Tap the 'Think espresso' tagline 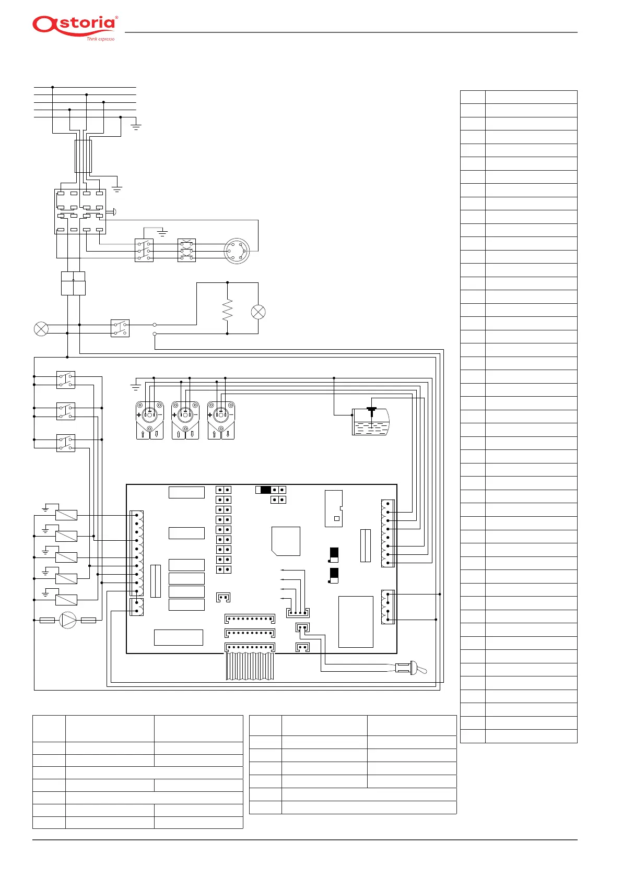coord(100,39)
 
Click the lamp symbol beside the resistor coord(258,312)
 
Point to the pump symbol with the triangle coord(67,620)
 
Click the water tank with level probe coord(371,421)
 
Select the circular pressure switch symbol coord(237,251)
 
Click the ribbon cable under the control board coord(250,666)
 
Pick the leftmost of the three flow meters coord(149,420)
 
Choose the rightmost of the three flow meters coord(221,420)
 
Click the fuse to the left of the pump coord(47,620)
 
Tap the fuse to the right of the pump coord(88,620)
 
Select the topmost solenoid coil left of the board coord(66,515)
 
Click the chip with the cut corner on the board coord(286,541)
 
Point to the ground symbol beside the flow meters coord(135,385)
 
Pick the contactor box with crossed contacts coord(186,251)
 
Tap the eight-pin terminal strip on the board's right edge coord(388,533)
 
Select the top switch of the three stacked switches coord(66,380)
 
